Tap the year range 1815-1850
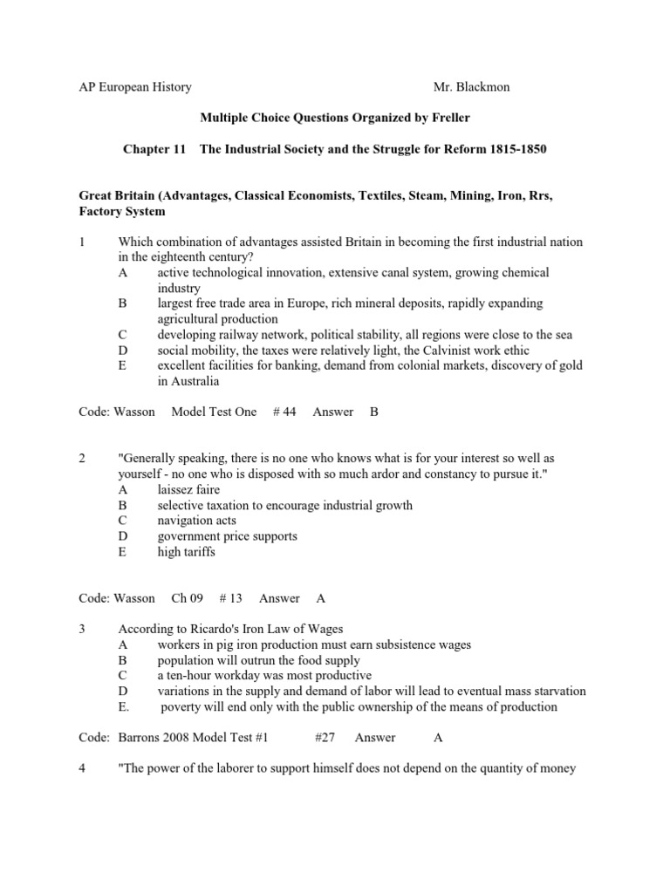tap(516, 150)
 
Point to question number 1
tap(82, 242)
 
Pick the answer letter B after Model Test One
tap(373, 412)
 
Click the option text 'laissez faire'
tap(188, 489)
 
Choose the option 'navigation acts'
tap(197, 521)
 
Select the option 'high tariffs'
tap(186, 552)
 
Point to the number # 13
tap(230, 598)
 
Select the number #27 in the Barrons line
tap(325, 738)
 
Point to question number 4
tap(82, 769)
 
